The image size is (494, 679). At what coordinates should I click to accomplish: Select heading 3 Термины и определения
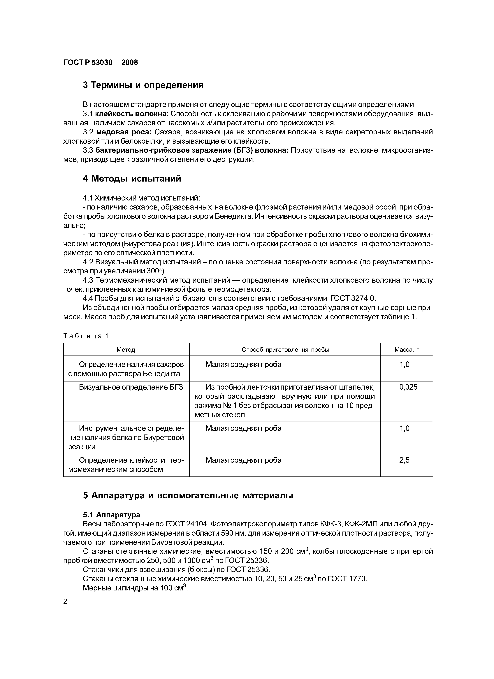143,85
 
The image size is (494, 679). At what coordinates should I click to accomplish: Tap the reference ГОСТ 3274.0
352,298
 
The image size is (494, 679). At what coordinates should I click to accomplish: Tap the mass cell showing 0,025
408,387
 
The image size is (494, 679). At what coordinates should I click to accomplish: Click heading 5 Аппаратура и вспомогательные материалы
188,495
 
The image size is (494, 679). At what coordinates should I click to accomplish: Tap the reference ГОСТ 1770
347,579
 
